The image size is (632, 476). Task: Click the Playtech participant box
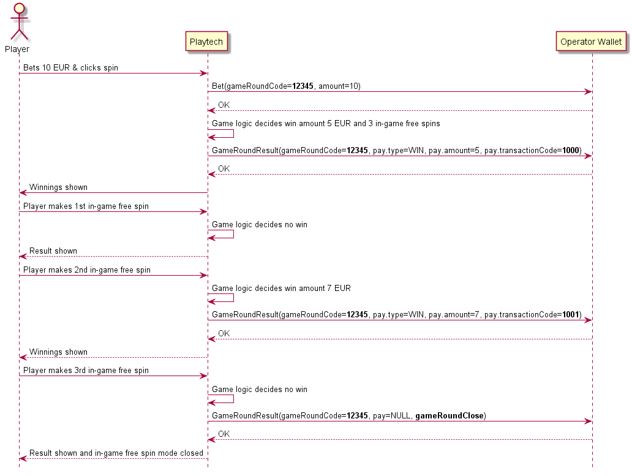pyautogui.click(x=208, y=42)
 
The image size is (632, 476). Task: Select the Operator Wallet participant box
pyautogui.click(x=591, y=42)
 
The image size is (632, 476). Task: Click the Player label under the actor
pyautogui.click(x=17, y=49)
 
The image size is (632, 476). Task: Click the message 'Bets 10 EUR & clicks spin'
pyautogui.click(x=71, y=67)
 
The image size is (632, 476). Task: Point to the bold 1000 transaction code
pyautogui.click(x=571, y=150)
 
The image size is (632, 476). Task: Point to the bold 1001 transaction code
pyautogui.click(x=571, y=314)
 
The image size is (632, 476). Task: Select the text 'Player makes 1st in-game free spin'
pyautogui.click(x=86, y=206)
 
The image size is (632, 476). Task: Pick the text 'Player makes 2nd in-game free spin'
pyautogui.click(x=87, y=270)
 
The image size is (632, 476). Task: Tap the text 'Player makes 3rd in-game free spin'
pyautogui.click(x=86, y=370)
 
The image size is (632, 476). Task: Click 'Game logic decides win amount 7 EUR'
pyautogui.click(x=281, y=288)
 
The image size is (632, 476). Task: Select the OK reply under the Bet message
pyautogui.click(x=224, y=105)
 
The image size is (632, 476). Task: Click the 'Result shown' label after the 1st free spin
pyautogui.click(x=53, y=251)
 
